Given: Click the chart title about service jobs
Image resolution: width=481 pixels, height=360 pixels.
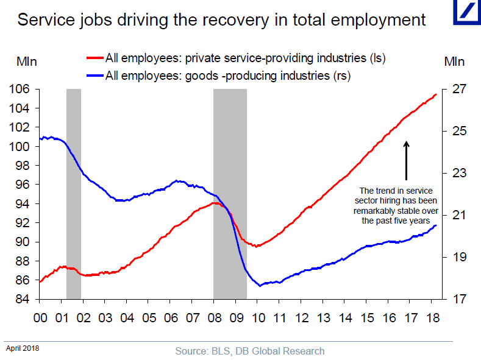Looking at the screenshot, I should (x=221, y=19).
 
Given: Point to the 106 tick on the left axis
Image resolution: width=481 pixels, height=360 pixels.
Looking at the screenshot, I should (x=20, y=89).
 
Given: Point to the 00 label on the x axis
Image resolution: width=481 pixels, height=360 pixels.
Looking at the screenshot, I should (x=40, y=317).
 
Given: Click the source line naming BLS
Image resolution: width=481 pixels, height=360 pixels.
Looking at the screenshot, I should (x=249, y=351).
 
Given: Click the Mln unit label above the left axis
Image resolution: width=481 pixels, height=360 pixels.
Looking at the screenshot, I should (x=27, y=62).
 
